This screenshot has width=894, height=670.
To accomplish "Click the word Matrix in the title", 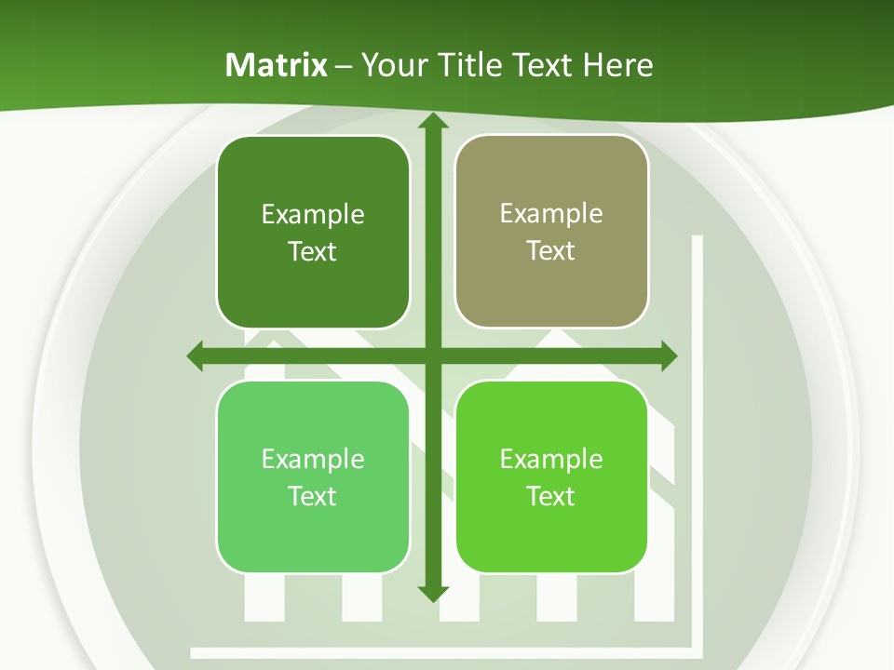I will pyautogui.click(x=277, y=65).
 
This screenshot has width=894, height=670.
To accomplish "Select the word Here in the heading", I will pyautogui.click(x=618, y=65).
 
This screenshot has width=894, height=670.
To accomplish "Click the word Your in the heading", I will pyautogui.click(x=392, y=65).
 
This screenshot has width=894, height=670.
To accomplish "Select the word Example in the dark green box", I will pyautogui.click(x=313, y=214).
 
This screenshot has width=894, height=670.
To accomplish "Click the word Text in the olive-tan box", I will pyautogui.click(x=551, y=250).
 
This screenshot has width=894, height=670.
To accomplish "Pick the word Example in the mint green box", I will pyautogui.click(x=313, y=459).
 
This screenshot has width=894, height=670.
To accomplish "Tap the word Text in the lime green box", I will pyautogui.click(x=551, y=496).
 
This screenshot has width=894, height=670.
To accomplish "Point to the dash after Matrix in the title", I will pyautogui.click(x=344, y=66).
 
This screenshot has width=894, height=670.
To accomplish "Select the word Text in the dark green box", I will pyautogui.click(x=313, y=251).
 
